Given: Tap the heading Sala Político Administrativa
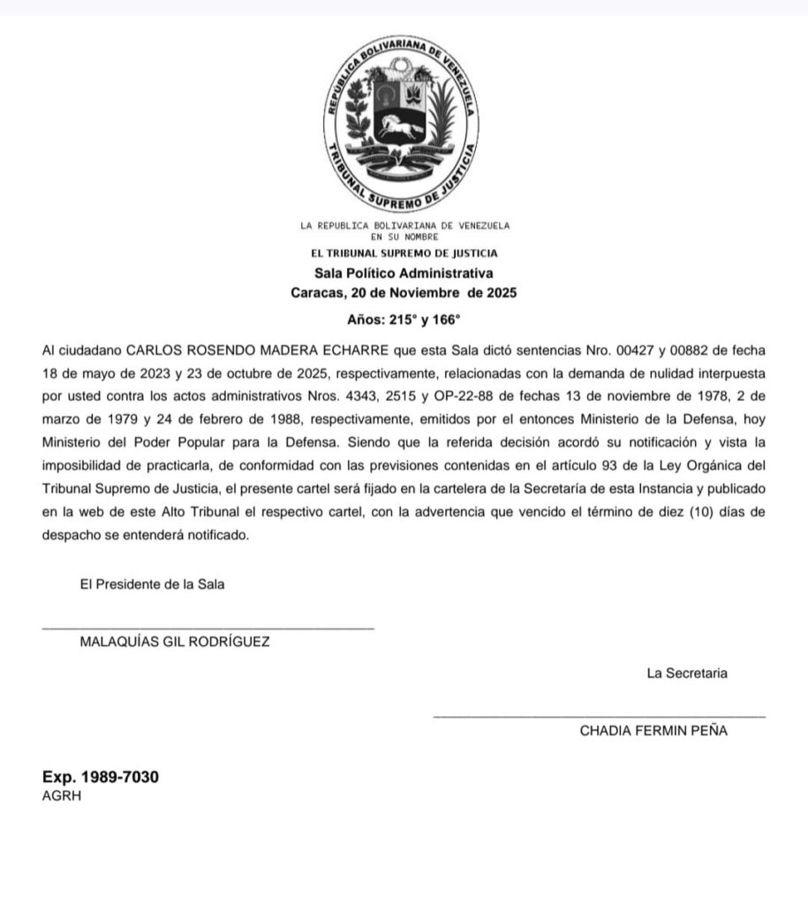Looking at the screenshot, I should [404, 274].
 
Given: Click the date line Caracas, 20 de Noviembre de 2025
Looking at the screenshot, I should [404, 292].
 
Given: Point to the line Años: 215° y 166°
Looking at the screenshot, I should [404, 321].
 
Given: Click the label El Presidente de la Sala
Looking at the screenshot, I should [152, 584].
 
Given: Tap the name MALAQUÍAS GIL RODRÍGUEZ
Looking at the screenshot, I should [175, 642].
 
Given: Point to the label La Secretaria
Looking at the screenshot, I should [687, 674].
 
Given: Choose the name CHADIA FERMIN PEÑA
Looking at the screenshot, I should [653, 731].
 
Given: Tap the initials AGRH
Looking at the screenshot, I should [62, 795].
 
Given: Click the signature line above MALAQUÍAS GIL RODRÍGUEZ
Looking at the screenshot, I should [208, 628].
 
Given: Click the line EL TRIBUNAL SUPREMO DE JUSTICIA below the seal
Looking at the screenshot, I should [404, 254].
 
